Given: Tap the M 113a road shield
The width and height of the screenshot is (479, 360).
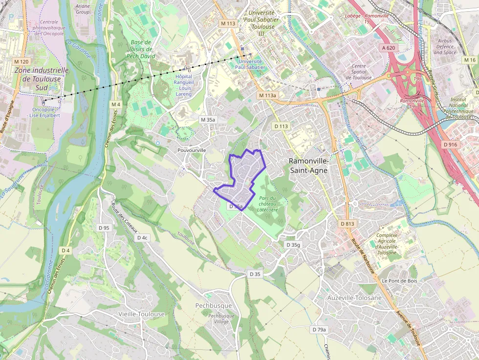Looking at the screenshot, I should click(267, 95).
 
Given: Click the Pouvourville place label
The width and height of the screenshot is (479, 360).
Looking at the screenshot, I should click(192, 150).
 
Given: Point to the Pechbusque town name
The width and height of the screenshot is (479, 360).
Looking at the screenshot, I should click(213, 305).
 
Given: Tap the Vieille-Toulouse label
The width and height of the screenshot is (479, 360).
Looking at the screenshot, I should click(142, 314).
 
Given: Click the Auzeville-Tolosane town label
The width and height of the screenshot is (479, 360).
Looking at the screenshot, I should click(354, 297).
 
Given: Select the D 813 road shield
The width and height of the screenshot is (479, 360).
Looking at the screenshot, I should click(347, 223).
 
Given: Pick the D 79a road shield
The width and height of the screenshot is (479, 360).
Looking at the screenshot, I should click(319, 330).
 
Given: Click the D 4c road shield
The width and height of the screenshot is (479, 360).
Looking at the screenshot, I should click(142, 237).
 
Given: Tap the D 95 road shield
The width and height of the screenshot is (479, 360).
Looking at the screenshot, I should click(104, 228).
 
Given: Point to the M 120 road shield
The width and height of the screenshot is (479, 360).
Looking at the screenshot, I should click(21, 62).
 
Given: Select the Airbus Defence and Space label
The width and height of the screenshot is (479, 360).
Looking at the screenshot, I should click(445, 47).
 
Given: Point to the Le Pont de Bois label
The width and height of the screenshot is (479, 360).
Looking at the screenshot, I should click(399, 281).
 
